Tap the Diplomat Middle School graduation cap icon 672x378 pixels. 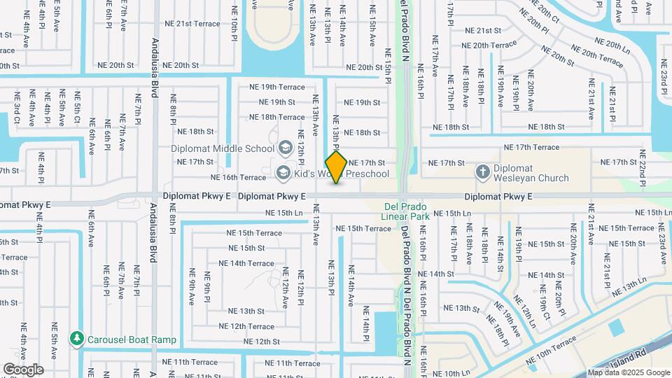[285, 148]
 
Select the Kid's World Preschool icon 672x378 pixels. [283, 173]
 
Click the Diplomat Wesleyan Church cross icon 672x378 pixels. [482, 171]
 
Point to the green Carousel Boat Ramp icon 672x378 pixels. [76, 339]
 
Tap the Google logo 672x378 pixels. [23, 369]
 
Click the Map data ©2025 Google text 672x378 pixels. [628, 372]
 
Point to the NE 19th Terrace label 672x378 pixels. [277, 87]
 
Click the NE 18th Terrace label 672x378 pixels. [277, 118]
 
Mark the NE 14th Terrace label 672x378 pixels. [246, 263]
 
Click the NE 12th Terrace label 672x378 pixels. [246, 326]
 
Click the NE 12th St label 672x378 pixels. [262, 342]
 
